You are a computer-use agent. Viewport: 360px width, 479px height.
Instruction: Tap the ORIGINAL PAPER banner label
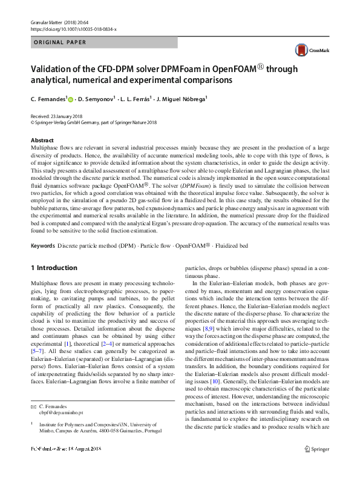(59, 42)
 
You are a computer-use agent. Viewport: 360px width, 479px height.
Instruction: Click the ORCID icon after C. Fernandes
(70, 99)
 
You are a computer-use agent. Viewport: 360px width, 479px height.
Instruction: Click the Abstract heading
(42, 140)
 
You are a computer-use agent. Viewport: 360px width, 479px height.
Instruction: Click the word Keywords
(42, 246)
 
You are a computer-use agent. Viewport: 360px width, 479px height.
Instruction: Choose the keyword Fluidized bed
(249, 246)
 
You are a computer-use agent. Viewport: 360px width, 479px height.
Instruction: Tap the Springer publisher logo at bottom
(316, 466)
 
